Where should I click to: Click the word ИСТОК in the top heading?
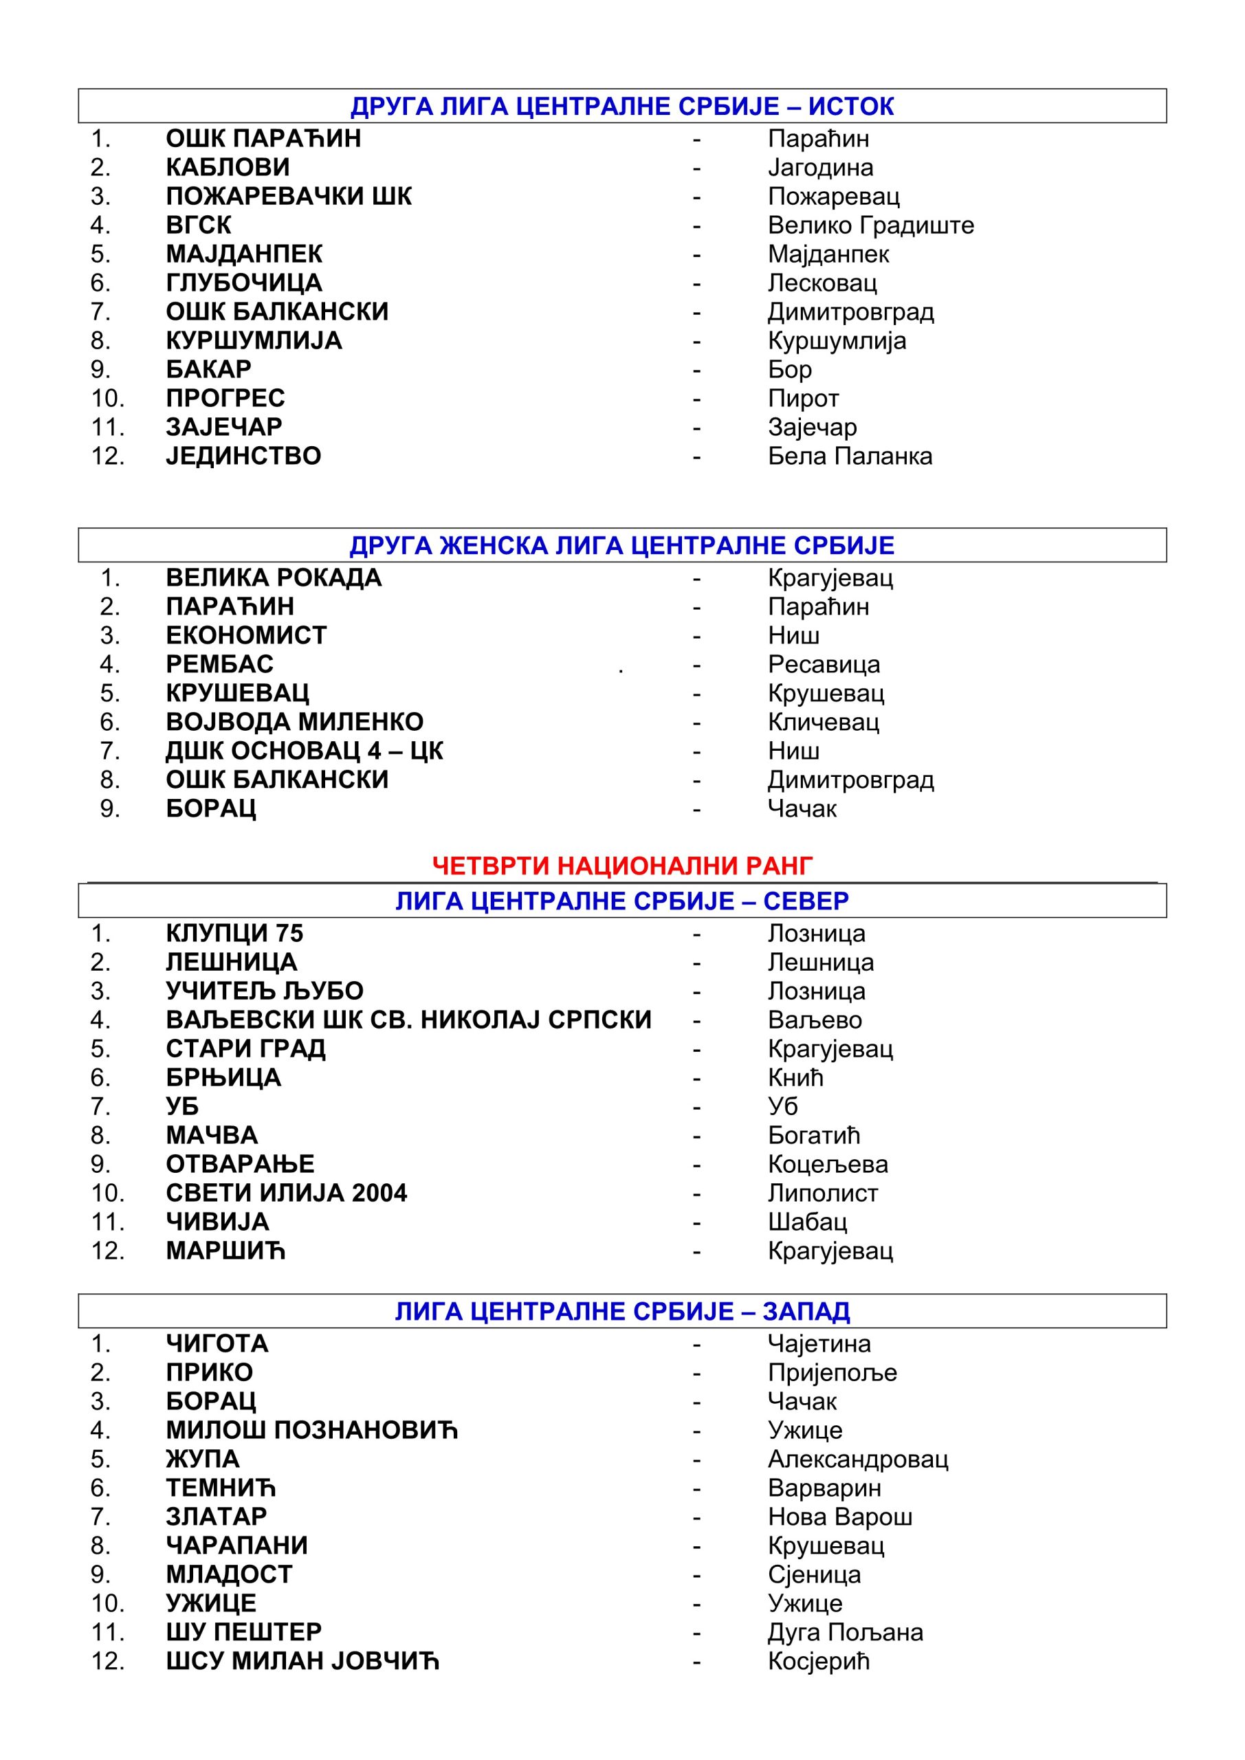pyautogui.click(x=851, y=106)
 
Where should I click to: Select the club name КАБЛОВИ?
pyautogui.click(x=228, y=167)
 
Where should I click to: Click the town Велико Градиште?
pyautogui.click(x=871, y=225)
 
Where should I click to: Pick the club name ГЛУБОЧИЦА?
pyautogui.click(x=244, y=283)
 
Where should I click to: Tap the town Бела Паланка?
pyautogui.click(x=850, y=456)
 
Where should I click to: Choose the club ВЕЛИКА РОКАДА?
pyautogui.click(x=274, y=577)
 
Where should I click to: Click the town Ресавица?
pyautogui.click(x=824, y=664)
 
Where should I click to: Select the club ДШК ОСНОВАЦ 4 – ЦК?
pyautogui.click(x=305, y=751)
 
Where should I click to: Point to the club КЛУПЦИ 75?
pyautogui.click(x=234, y=933)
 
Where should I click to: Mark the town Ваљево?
pyautogui.click(x=815, y=1020)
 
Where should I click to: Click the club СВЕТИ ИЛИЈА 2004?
pyautogui.click(x=286, y=1193)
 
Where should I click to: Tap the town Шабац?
pyautogui.click(x=807, y=1222)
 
